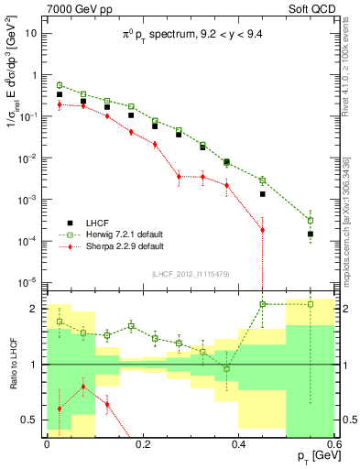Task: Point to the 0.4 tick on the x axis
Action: point(238,443)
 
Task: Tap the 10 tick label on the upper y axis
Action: point(32,33)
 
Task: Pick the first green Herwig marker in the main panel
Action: point(60,84)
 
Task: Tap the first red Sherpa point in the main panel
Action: point(60,104)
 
